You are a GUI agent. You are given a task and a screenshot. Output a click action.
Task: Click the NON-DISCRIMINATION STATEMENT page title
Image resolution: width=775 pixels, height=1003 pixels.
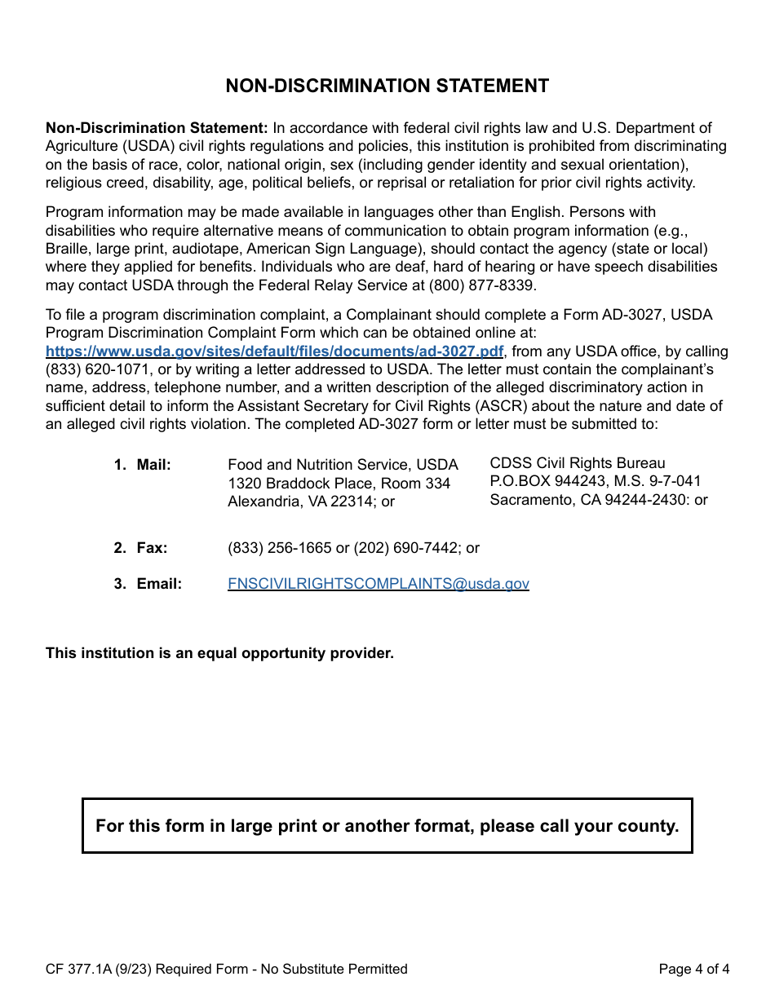[x=387, y=86]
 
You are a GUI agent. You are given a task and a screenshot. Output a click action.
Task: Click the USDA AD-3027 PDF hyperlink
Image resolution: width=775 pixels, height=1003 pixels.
[x=274, y=351]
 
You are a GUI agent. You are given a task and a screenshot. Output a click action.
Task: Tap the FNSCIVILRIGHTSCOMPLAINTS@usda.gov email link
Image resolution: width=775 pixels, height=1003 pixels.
[x=378, y=584]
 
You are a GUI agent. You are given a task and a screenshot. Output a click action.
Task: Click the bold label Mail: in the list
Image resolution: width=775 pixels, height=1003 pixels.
[x=153, y=465]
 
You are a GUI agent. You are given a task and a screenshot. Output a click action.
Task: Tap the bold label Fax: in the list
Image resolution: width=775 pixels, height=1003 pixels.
[x=152, y=548]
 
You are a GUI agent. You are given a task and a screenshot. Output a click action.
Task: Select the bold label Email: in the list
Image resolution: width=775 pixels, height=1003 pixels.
[x=158, y=584]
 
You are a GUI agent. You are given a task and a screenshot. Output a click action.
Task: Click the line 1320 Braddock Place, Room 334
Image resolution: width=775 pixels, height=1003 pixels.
[x=339, y=484]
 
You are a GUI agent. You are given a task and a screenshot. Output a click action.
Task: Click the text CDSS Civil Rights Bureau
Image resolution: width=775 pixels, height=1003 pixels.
[x=577, y=463]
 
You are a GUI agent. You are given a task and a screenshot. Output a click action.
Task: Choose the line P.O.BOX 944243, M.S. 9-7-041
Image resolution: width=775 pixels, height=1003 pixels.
[x=595, y=481]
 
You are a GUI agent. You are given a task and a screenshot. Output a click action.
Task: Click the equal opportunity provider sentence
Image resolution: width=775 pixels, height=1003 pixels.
[x=219, y=653]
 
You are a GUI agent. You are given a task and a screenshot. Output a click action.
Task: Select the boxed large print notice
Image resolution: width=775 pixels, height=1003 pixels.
[x=387, y=826]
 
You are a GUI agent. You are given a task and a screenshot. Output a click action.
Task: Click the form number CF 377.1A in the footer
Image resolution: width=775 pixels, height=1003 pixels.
[x=80, y=969]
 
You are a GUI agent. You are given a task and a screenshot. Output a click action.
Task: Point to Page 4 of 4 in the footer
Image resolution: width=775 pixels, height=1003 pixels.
[x=693, y=969]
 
